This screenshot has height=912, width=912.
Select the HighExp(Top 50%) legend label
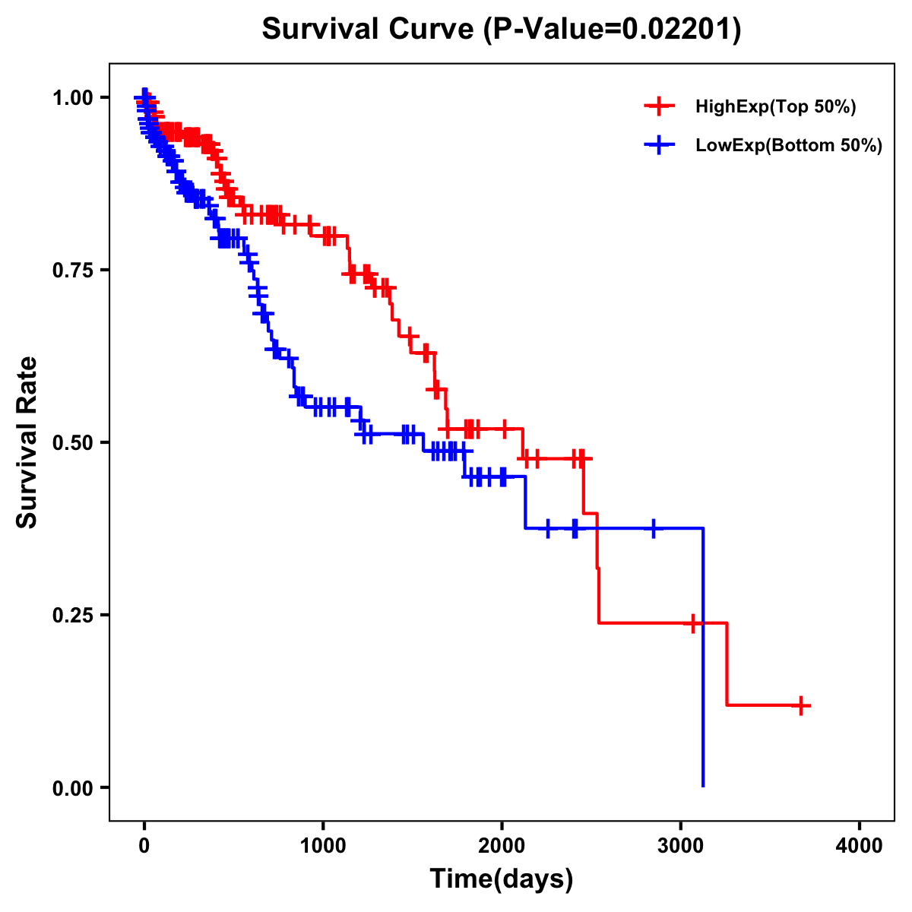pos(775,107)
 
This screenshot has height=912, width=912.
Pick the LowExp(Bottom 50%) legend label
pos(788,146)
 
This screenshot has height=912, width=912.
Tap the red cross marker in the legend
pos(659,106)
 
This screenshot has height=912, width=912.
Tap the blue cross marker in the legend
pos(659,145)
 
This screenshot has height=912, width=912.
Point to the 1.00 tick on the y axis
pos(73,98)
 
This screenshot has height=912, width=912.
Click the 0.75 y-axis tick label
pos(73,271)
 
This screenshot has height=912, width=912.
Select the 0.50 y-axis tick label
pos(73,442)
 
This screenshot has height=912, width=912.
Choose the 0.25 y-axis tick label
pos(73,615)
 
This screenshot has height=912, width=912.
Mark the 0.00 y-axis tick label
pos(73,787)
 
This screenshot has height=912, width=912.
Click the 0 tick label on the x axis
pos(144,847)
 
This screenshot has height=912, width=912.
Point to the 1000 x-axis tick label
pos(323,847)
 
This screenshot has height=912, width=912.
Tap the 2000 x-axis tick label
pos(502,847)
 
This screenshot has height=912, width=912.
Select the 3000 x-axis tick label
pos(681,847)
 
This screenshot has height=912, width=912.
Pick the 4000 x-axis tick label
pos(860,847)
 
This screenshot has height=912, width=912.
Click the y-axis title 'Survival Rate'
pos(27,442)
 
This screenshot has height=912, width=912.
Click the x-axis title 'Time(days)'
pos(502,879)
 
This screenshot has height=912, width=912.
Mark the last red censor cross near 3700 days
pos(800,705)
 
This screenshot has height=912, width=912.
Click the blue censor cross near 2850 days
pos(653,528)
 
